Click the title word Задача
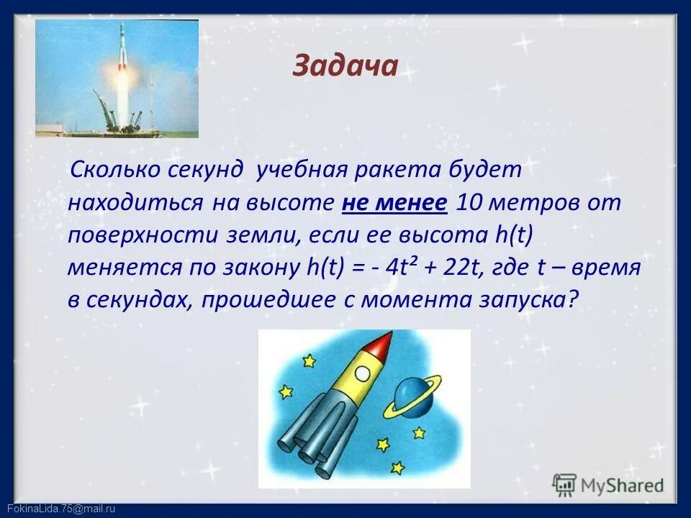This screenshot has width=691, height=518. (x=345, y=66)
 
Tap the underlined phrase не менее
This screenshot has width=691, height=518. (x=395, y=203)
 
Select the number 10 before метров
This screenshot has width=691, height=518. (x=471, y=203)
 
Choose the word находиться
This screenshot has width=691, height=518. (x=135, y=203)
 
